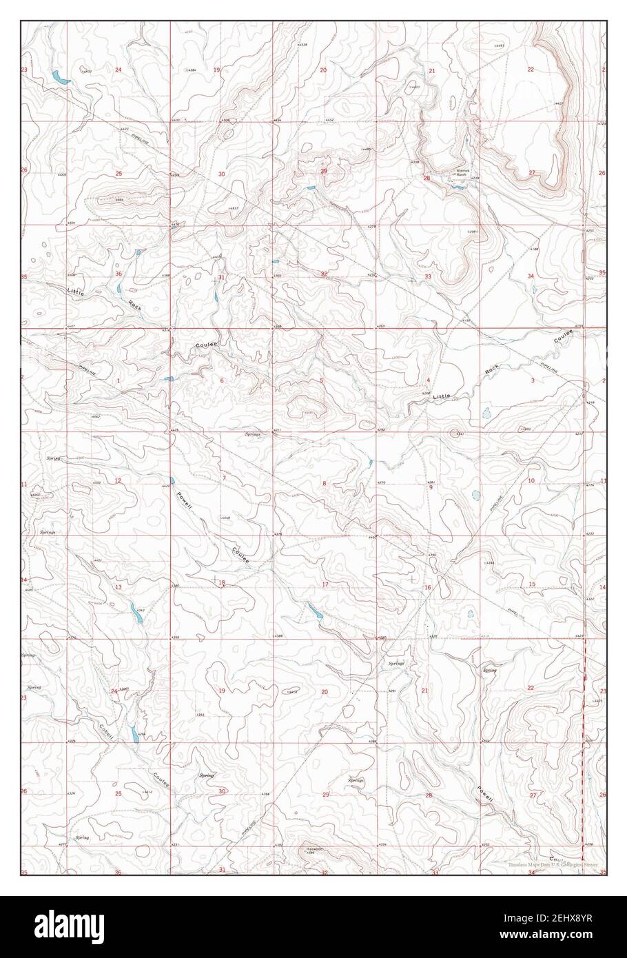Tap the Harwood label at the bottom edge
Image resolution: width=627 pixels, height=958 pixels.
(x=316, y=849)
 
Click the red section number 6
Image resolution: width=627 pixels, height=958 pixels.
(x=222, y=380)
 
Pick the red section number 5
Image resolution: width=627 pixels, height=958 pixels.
(x=321, y=380)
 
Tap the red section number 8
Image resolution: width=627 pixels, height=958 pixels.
(x=324, y=483)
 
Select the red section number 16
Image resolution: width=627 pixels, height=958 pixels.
(x=427, y=587)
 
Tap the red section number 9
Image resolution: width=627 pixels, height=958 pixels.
(x=431, y=487)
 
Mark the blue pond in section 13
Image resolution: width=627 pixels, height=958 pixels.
(x=135, y=613)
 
